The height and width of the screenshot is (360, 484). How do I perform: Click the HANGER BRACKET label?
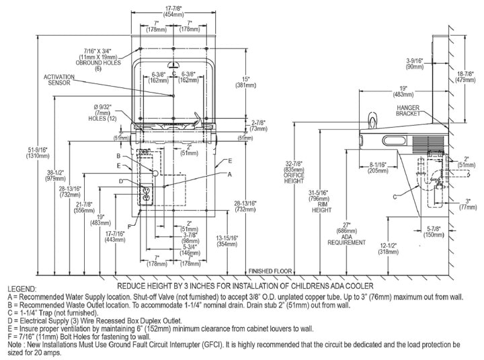pos(408,111)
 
